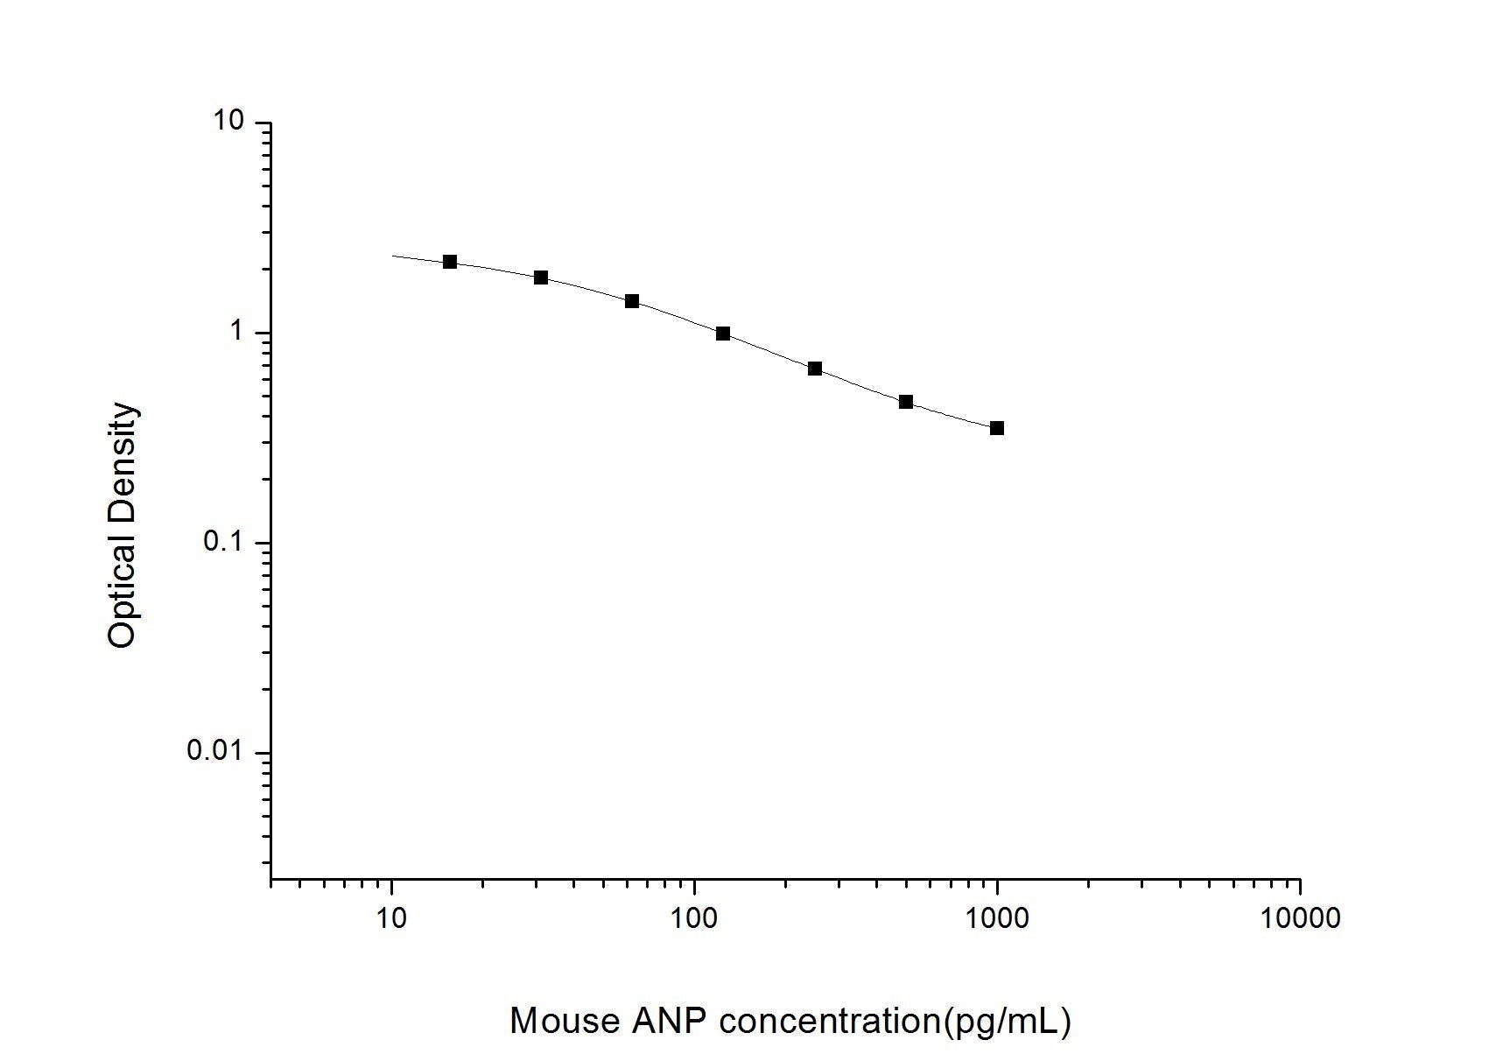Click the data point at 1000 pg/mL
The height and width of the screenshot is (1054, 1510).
coord(996,428)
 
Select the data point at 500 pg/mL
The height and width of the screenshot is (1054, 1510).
coord(906,402)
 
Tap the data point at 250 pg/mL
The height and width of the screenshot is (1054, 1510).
coord(815,369)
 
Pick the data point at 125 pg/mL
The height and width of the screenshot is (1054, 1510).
coord(723,334)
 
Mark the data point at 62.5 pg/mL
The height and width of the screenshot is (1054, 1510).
coord(632,301)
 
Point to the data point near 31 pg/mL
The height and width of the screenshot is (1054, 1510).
coord(541,278)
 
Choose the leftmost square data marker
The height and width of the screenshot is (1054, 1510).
coord(450,262)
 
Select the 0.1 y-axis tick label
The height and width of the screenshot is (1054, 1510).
coord(223,541)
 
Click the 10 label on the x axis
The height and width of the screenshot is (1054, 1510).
coord(391,918)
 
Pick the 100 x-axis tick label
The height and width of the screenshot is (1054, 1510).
coord(694,918)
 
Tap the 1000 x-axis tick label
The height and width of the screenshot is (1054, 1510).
coord(997,918)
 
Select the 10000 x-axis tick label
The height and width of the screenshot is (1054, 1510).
coord(1300,918)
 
